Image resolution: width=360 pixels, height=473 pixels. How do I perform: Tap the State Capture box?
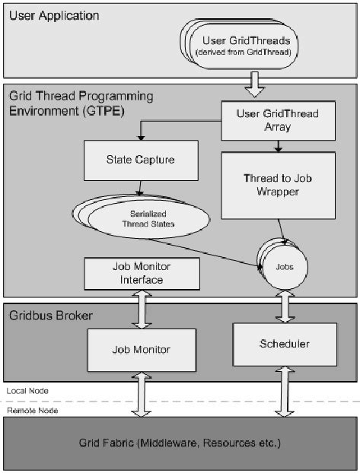pos(140,160)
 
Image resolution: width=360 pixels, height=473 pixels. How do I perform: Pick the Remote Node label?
pos(29,410)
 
